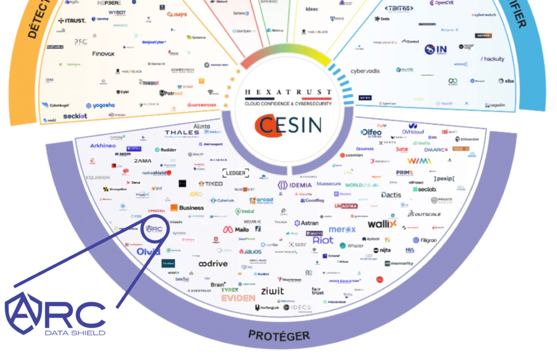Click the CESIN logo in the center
[288, 125]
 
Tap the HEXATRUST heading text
[288, 92]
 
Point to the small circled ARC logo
[153, 229]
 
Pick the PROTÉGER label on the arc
[278, 335]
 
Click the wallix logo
[382, 224]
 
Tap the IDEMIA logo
[294, 185]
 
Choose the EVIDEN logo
[238, 298]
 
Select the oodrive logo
[212, 264]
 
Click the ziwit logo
[272, 291]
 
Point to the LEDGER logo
[236, 173]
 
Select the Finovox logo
[103, 54]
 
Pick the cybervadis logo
[364, 71]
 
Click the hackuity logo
[492, 59]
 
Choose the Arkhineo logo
[102, 146]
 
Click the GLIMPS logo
[177, 14]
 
